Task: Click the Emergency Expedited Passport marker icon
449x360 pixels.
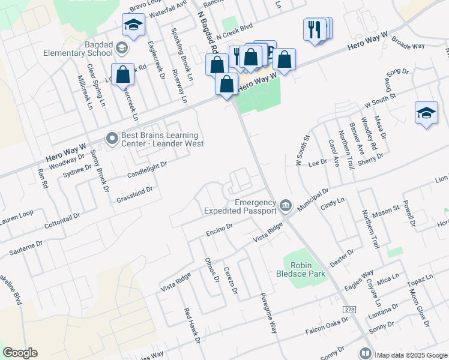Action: point(286,207)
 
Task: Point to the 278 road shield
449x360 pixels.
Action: point(349,309)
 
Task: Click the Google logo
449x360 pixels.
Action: point(20,353)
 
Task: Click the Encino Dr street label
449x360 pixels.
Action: point(218,229)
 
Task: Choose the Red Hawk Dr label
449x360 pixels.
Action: point(191,325)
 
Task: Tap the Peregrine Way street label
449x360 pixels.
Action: point(268,313)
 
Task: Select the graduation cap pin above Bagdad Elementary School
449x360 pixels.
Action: point(133,25)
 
